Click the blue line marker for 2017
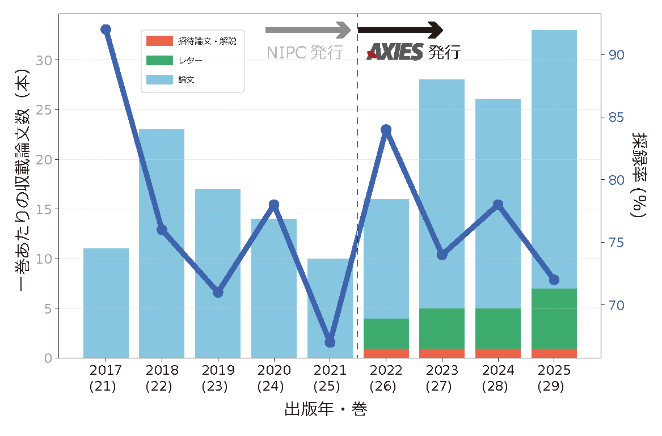(106, 29)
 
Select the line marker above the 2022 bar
(386, 130)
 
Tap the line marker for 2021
(330, 342)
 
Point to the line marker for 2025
(554, 280)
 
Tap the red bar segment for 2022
(386, 353)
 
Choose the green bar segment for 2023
(442, 328)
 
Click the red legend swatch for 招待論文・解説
(159, 41)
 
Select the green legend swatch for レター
(159, 60)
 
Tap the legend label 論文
(187, 80)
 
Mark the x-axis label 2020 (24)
(274, 379)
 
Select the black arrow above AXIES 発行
(400, 29)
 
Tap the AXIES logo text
(395, 52)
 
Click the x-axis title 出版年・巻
(326, 409)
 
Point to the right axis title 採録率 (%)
(640, 175)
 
